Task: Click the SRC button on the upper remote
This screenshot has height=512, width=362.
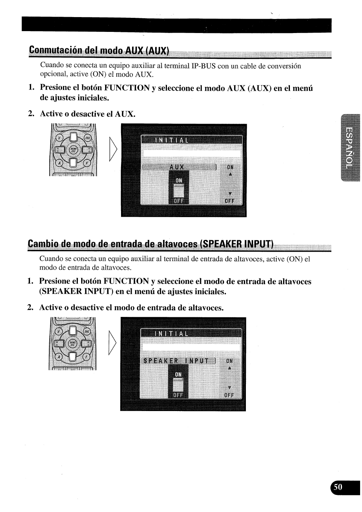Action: coord(88,138)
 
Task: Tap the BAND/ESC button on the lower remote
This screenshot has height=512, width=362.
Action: coord(72,343)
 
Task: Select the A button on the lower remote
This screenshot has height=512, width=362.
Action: coord(58,357)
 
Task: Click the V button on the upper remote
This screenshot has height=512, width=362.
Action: coord(60,138)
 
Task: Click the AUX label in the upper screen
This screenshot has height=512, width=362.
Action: coord(177,167)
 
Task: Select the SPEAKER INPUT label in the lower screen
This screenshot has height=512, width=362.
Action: coord(176,361)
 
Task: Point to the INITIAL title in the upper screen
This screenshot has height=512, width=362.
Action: coord(172,140)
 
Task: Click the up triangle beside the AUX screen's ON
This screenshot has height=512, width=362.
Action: coord(230,174)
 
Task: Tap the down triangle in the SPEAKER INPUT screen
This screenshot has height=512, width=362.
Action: coord(230,388)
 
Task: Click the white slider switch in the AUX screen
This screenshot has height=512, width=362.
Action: coord(178,191)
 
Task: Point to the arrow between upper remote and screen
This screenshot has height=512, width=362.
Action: coord(113,149)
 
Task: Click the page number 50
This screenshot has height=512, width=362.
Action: coord(338,487)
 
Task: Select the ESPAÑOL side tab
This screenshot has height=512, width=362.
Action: coord(350,147)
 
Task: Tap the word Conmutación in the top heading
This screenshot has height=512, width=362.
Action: coord(56,50)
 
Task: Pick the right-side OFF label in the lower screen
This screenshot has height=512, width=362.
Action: coord(229,395)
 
